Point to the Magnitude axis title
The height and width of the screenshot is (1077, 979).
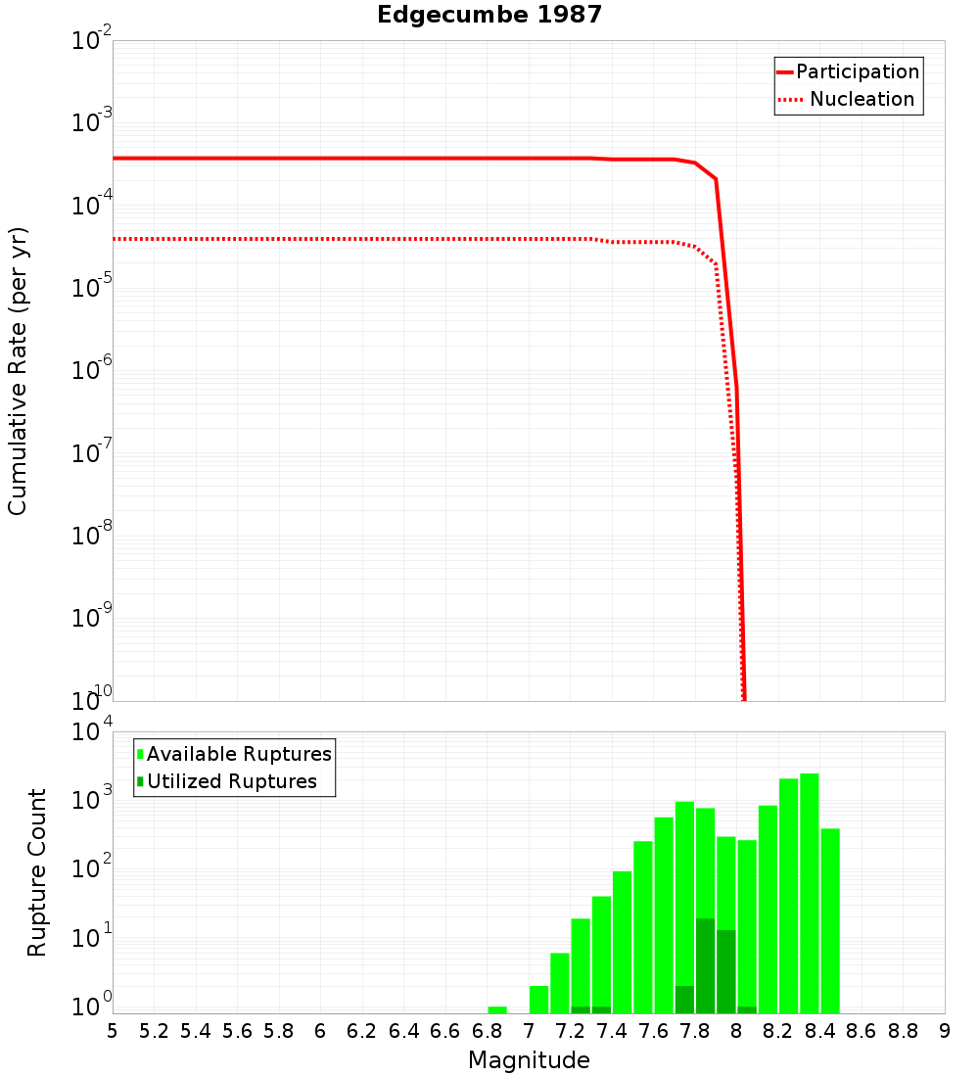pyautogui.click(x=529, y=1060)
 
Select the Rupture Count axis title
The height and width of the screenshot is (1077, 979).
pyautogui.click(x=37, y=871)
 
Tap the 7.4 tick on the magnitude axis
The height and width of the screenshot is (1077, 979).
pyautogui.click(x=612, y=1031)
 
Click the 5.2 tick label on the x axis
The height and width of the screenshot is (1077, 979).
pyautogui.click(x=154, y=1031)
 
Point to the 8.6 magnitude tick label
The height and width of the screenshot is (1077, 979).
pyautogui.click(x=862, y=1031)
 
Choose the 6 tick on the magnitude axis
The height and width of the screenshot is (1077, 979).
pyautogui.click(x=320, y=1031)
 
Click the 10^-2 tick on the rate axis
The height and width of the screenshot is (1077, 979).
pyautogui.click(x=92, y=41)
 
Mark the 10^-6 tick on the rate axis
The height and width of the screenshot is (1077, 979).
pyautogui.click(x=92, y=371)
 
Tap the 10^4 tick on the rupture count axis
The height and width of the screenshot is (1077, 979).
pyautogui.click(x=92, y=732)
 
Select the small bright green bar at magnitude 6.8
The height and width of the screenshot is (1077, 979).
pyautogui.click(x=497, y=1009)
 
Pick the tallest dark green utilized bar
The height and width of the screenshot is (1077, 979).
pyautogui.click(x=705, y=965)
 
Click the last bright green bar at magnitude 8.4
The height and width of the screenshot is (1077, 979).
pyautogui.click(x=830, y=920)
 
